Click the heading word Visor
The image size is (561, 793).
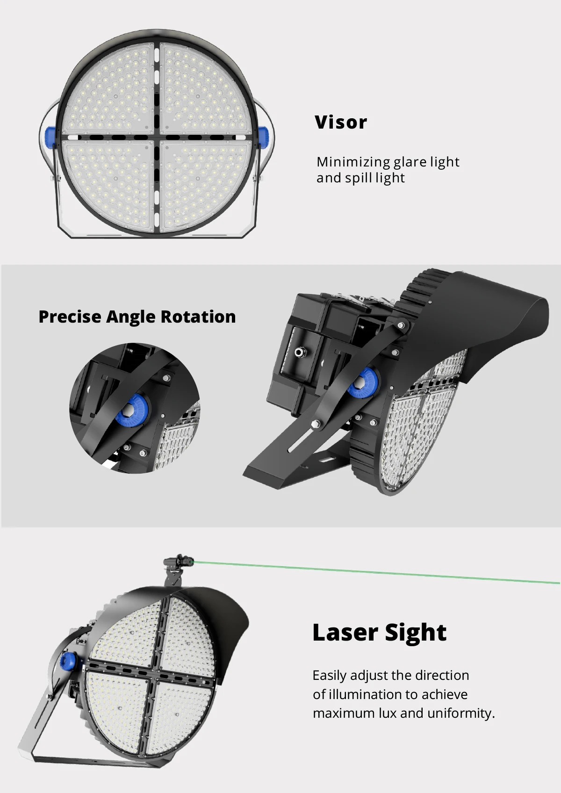coord(341,122)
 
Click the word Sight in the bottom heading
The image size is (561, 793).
coord(416,633)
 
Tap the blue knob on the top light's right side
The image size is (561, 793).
coord(264,137)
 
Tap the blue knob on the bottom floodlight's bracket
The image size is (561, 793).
coord(66,661)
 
